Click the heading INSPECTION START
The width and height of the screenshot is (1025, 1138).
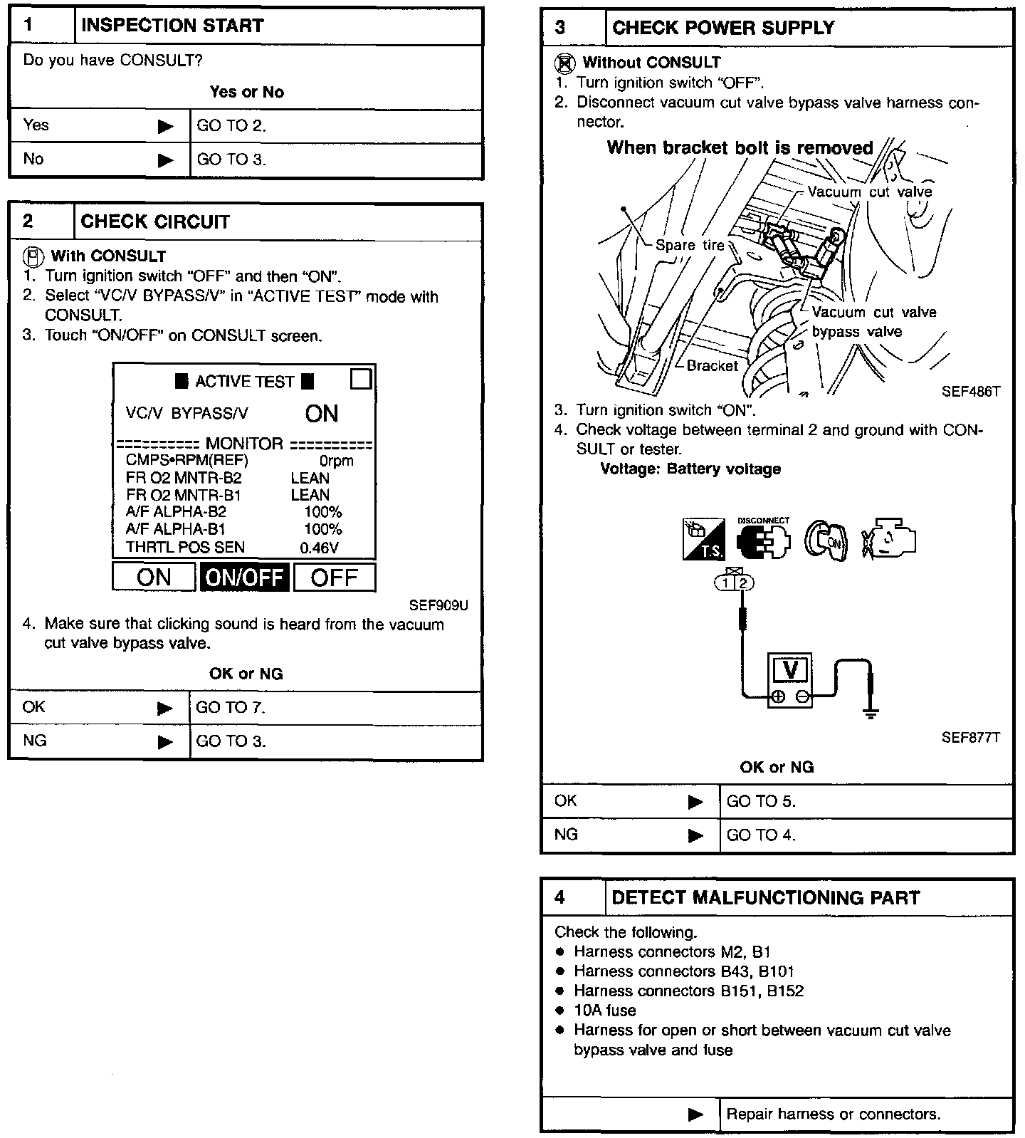(x=172, y=26)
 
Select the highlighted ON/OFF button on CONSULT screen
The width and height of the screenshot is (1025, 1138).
(x=244, y=577)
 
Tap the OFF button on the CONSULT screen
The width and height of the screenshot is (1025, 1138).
(x=334, y=577)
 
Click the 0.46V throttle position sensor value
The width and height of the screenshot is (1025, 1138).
(x=319, y=548)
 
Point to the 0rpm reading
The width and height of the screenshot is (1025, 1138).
(x=336, y=461)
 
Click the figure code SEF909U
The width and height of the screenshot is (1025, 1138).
(x=438, y=605)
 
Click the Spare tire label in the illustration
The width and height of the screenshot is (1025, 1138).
(x=689, y=246)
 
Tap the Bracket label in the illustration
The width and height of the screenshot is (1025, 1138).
(x=712, y=366)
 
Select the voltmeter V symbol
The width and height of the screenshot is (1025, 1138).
(x=790, y=670)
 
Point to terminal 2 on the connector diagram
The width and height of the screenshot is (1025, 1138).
(x=744, y=583)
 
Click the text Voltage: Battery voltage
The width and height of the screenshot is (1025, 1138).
(x=690, y=469)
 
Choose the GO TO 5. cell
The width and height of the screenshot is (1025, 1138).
(x=760, y=801)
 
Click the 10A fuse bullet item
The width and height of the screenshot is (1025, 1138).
(x=604, y=1011)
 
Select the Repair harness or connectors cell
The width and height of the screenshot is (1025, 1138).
(x=833, y=1114)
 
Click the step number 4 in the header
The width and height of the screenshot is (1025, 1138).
(x=560, y=897)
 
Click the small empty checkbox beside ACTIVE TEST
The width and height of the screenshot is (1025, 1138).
(x=361, y=379)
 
